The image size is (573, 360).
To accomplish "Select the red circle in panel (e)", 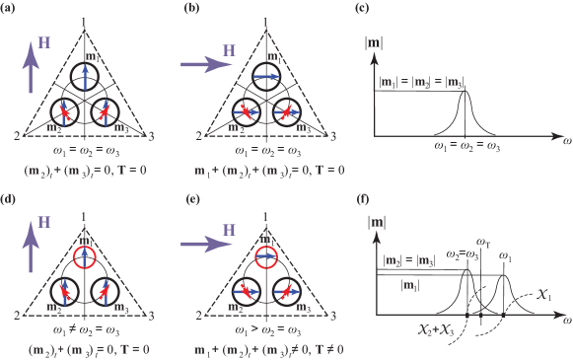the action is [265, 259].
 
